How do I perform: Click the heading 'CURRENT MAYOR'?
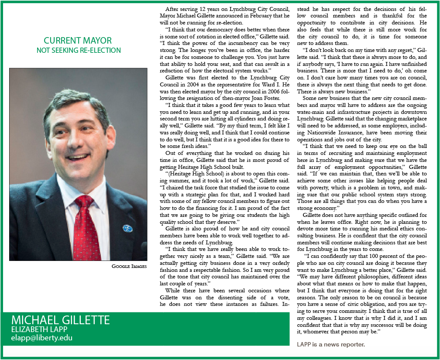point(78,41)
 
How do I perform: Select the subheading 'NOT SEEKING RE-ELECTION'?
point(79,50)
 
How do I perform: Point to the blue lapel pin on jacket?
point(128,228)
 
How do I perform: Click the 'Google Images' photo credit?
point(129,266)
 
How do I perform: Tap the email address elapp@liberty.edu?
point(42,338)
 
